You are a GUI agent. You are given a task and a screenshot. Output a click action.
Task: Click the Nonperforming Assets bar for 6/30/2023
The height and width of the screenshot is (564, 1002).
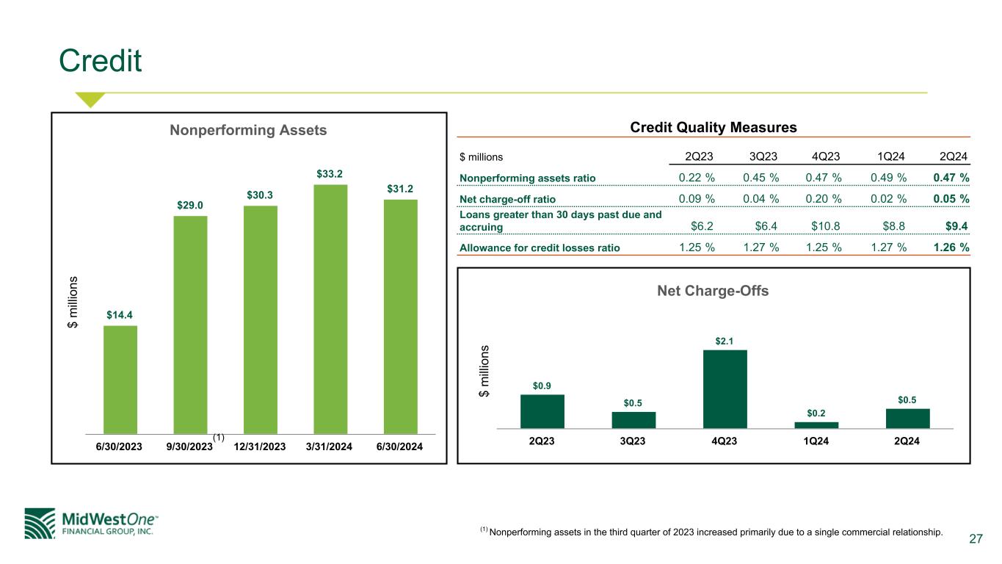(120, 379)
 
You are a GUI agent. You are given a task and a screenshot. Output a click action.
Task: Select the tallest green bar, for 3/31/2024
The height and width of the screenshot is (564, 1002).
(330, 308)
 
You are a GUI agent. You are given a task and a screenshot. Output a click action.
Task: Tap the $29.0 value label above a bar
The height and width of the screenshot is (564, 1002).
(190, 206)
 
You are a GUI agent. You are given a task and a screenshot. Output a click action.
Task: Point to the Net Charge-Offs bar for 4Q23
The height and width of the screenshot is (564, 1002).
(725, 388)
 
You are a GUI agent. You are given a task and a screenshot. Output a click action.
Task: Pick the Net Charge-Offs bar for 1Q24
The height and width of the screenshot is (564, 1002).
(816, 424)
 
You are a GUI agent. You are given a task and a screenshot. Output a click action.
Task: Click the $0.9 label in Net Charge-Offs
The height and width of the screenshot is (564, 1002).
(542, 384)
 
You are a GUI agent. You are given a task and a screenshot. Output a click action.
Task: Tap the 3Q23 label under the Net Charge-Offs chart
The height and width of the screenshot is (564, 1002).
(633, 441)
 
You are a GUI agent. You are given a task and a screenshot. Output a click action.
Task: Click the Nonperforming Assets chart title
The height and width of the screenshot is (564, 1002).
(248, 130)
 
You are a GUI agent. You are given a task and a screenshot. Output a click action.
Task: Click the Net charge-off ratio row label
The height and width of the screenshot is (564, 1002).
(507, 199)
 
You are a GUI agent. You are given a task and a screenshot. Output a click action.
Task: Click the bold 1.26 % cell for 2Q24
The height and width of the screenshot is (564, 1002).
(951, 247)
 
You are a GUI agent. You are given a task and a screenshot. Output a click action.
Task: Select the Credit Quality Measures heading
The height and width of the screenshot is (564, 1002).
(714, 128)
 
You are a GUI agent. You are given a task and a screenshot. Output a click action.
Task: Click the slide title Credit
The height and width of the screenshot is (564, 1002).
(101, 62)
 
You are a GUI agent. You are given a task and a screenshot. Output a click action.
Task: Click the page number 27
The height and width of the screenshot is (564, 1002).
(976, 540)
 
